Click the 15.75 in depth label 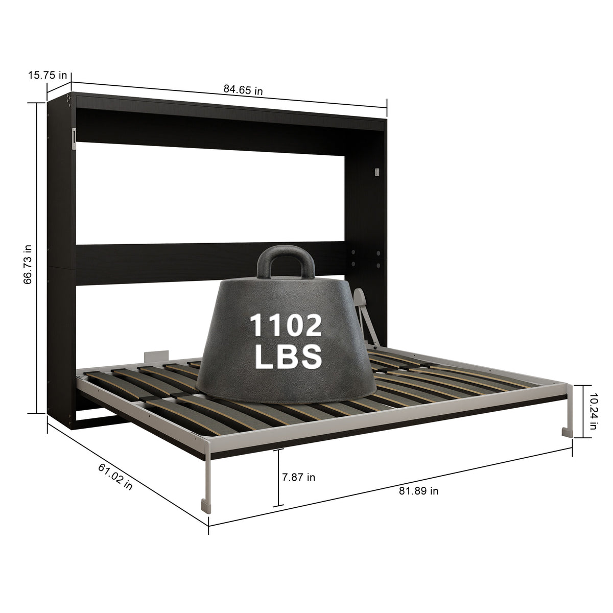(48, 76)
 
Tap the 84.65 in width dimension (243, 90)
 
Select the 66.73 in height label (28, 264)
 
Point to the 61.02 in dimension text (115, 477)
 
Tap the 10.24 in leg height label (593, 412)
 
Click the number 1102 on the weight (286, 325)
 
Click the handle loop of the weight (286, 262)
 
